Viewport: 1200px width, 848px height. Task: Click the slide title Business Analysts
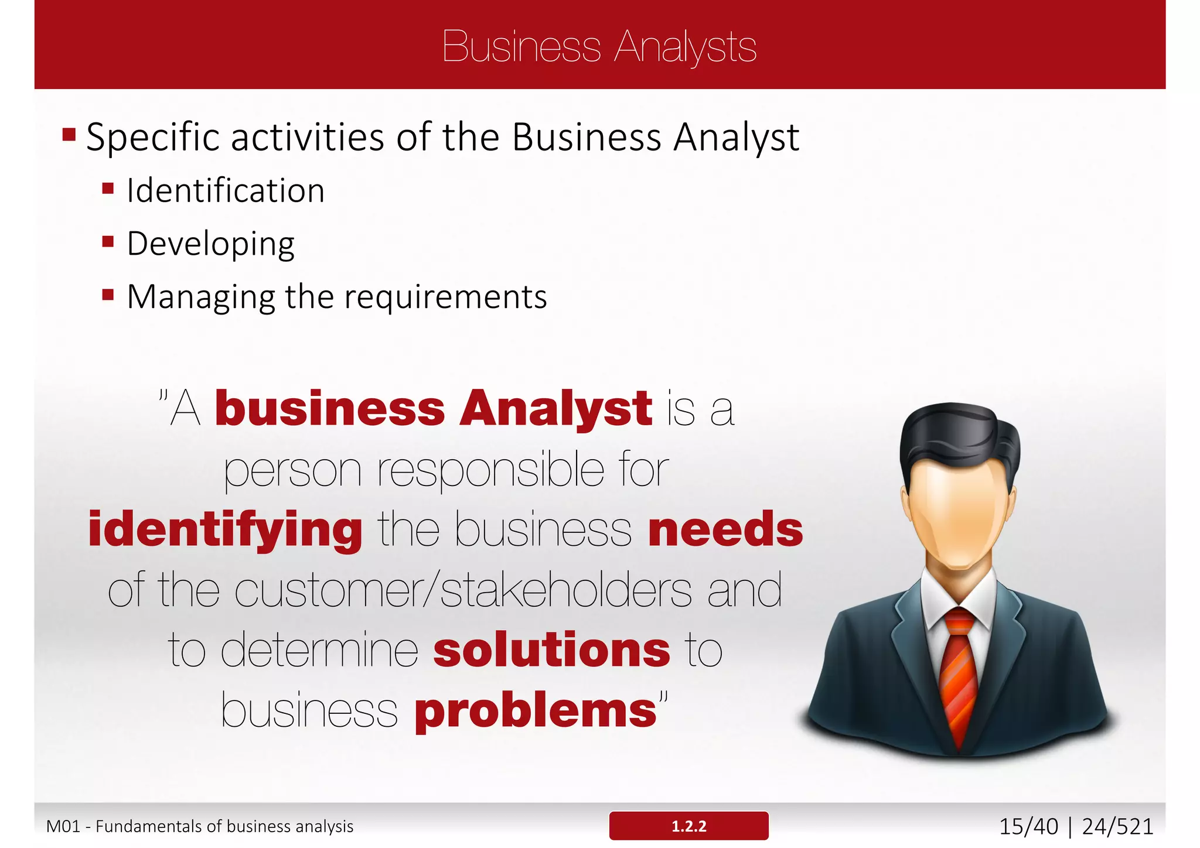point(599,46)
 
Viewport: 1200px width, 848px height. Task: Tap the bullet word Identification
point(226,191)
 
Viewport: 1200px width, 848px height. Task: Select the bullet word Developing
point(211,244)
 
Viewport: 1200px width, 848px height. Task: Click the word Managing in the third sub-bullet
point(201,297)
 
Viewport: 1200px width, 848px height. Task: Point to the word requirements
point(445,297)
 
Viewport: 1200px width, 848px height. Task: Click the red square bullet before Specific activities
point(69,135)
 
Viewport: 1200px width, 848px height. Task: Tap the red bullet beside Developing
point(108,242)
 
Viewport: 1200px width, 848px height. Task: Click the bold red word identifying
point(225,529)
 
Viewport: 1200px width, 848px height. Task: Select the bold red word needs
point(725,529)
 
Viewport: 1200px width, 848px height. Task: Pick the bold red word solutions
point(551,650)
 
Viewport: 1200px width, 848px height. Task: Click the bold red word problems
point(535,711)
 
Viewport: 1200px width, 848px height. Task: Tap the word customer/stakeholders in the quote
point(463,590)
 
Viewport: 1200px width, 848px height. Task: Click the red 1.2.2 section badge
point(688,826)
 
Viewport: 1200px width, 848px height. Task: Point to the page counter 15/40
point(1028,826)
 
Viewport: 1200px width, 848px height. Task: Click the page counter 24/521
point(1117,826)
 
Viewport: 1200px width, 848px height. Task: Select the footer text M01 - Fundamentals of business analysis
point(200,826)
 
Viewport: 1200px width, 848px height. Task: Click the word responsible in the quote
point(490,470)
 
